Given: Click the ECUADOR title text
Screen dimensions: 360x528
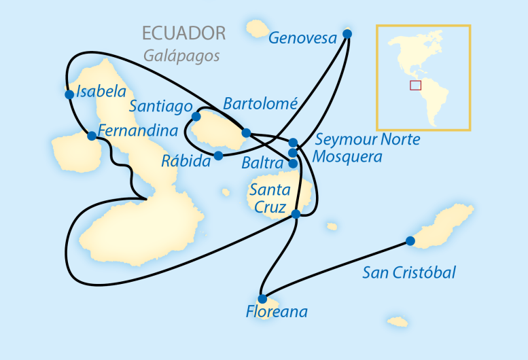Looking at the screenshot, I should (183, 33).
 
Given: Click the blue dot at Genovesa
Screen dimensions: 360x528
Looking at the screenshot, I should (347, 33).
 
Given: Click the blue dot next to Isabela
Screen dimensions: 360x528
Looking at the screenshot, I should (69, 94).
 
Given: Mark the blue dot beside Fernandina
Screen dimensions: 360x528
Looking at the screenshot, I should (92, 136).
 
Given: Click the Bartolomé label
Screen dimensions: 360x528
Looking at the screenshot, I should (260, 104).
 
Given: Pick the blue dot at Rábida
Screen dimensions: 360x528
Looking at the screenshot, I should (218, 156).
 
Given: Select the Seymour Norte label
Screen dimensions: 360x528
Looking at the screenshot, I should (368, 140).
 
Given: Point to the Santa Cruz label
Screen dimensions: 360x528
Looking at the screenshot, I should (270, 197).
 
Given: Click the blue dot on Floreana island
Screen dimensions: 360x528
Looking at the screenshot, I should (262, 298).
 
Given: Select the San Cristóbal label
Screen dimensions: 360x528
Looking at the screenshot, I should (409, 273).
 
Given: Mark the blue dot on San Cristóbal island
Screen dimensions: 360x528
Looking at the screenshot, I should (410, 240).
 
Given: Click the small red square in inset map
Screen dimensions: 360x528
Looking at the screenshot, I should (415, 85).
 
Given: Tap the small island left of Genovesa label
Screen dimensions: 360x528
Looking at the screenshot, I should (257, 29).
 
